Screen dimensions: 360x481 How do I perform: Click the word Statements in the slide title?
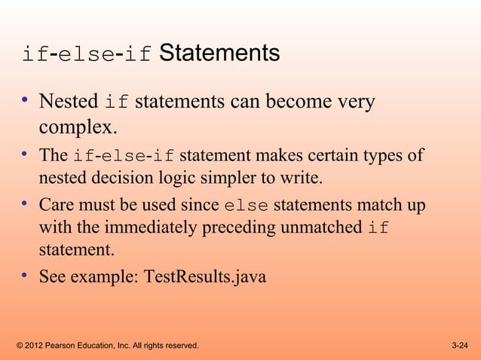219,53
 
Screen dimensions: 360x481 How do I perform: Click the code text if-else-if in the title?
87,55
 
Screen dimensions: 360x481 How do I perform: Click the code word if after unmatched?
378,228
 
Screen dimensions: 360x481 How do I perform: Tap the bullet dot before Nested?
25,101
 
